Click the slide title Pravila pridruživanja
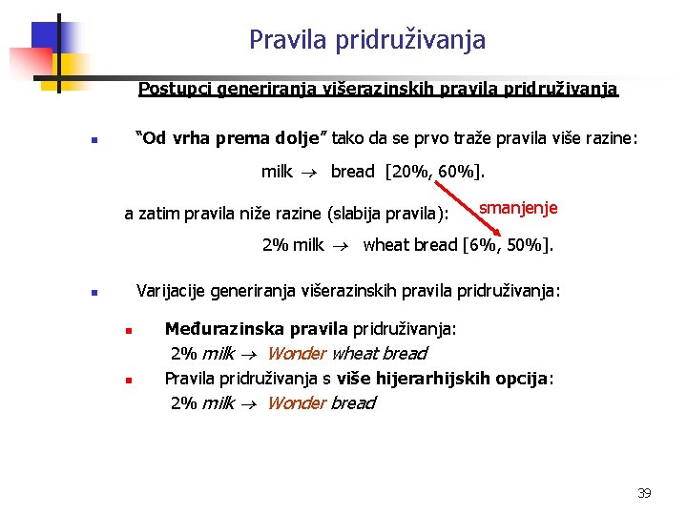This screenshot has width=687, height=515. (x=367, y=40)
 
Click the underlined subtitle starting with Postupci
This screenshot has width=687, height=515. (x=378, y=90)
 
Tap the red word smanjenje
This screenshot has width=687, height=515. (x=518, y=208)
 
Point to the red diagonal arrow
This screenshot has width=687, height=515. (x=485, y=221)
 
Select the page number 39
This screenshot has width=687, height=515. (x=644, y=493)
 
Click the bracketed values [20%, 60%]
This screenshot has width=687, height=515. (x=435, y=172)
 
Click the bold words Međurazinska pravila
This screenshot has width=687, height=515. (x=256, y=329)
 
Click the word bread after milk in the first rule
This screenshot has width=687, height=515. (x=353, y=172)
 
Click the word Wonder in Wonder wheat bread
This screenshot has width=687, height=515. (x=296, y=354)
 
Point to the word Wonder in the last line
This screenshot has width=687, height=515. (x=296, y=403)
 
